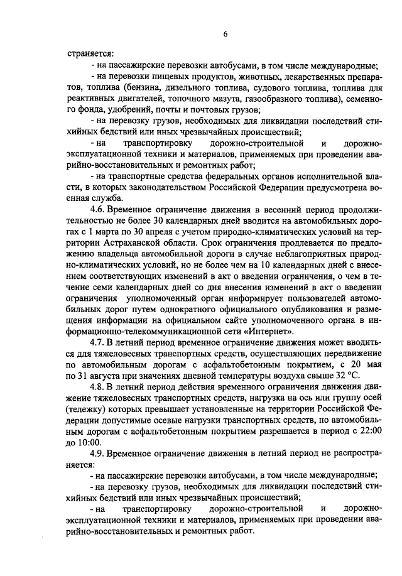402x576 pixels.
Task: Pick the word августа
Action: [x=112, y=376]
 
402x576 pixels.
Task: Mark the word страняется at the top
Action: [x=90, y=54]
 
